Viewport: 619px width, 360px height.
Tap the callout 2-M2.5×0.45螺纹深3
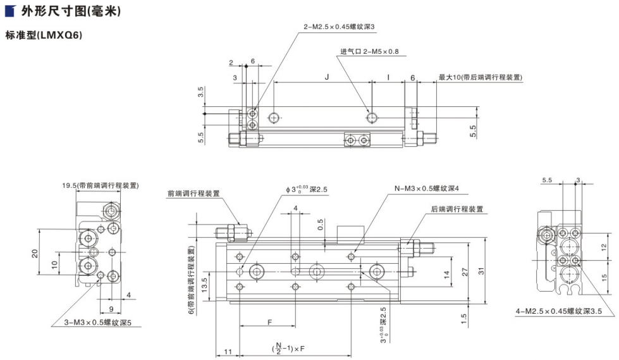point(340,27)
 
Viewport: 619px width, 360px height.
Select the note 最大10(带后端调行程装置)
point(481,77)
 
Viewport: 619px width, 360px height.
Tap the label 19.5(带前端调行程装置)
point(101,185)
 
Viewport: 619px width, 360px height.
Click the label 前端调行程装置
point(193,194)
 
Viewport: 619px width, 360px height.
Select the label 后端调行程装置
point(457,209)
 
